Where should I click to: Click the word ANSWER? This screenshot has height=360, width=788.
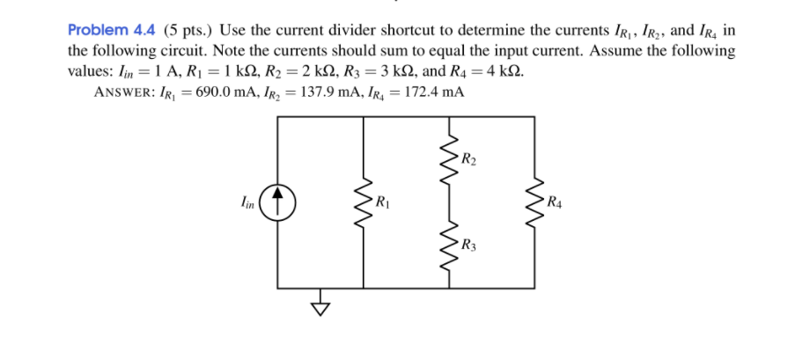pyautogui.click(x=124, y=92)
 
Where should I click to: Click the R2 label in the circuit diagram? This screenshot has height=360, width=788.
pyautogui.click(x=468, y=160)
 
